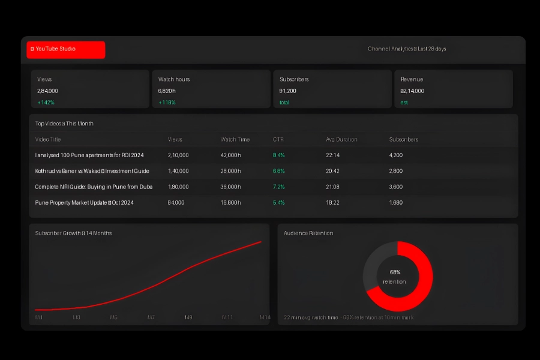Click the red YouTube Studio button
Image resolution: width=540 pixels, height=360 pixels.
pos(66,50)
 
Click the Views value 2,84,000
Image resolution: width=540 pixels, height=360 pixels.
pos(48,91)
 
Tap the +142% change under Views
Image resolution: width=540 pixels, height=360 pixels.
pos(46,103)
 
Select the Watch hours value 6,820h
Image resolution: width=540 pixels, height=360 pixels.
pos(167,91)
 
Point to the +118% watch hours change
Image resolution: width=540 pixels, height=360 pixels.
pos(167,103)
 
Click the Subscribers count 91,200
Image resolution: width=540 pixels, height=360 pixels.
pos(288,91)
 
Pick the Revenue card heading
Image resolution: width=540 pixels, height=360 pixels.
pos(412,79)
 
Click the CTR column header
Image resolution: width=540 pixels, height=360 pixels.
pos(278,139)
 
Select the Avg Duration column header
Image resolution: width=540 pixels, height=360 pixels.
pos(341,139)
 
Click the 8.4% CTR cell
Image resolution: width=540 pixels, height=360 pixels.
pos(279,155)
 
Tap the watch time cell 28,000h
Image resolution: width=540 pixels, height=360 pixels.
pos(230,171)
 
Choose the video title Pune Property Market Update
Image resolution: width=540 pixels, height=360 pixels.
pos(85,203)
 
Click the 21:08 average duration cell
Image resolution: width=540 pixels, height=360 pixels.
pos(333,187)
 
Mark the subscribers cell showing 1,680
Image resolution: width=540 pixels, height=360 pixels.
pos(396,203)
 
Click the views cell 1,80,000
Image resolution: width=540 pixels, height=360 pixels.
pos(178,187)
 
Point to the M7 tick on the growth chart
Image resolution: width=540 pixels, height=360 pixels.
pos(151,317)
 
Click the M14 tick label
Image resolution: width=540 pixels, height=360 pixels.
pos(265,317)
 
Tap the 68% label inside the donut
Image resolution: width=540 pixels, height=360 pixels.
pos(395,272)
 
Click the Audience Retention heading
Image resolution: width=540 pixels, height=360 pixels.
pos(308,233)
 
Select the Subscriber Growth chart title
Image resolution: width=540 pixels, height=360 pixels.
pos(73,233)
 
